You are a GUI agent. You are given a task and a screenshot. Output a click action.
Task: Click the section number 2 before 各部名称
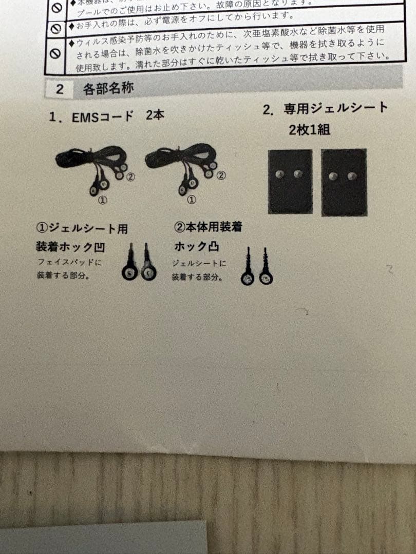60,90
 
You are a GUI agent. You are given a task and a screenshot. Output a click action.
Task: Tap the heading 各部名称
108,89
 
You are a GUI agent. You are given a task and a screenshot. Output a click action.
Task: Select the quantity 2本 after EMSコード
155,115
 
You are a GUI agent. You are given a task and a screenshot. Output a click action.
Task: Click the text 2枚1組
310,129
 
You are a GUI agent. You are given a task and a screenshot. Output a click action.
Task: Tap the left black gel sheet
290,182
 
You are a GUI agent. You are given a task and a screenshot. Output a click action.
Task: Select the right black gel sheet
344,182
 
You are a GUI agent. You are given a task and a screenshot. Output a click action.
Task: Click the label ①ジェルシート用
82,228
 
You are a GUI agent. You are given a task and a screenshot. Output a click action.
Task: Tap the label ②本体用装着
208,226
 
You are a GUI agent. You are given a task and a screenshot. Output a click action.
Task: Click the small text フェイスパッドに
70,262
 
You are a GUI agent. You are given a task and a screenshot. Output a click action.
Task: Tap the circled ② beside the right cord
220,175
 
